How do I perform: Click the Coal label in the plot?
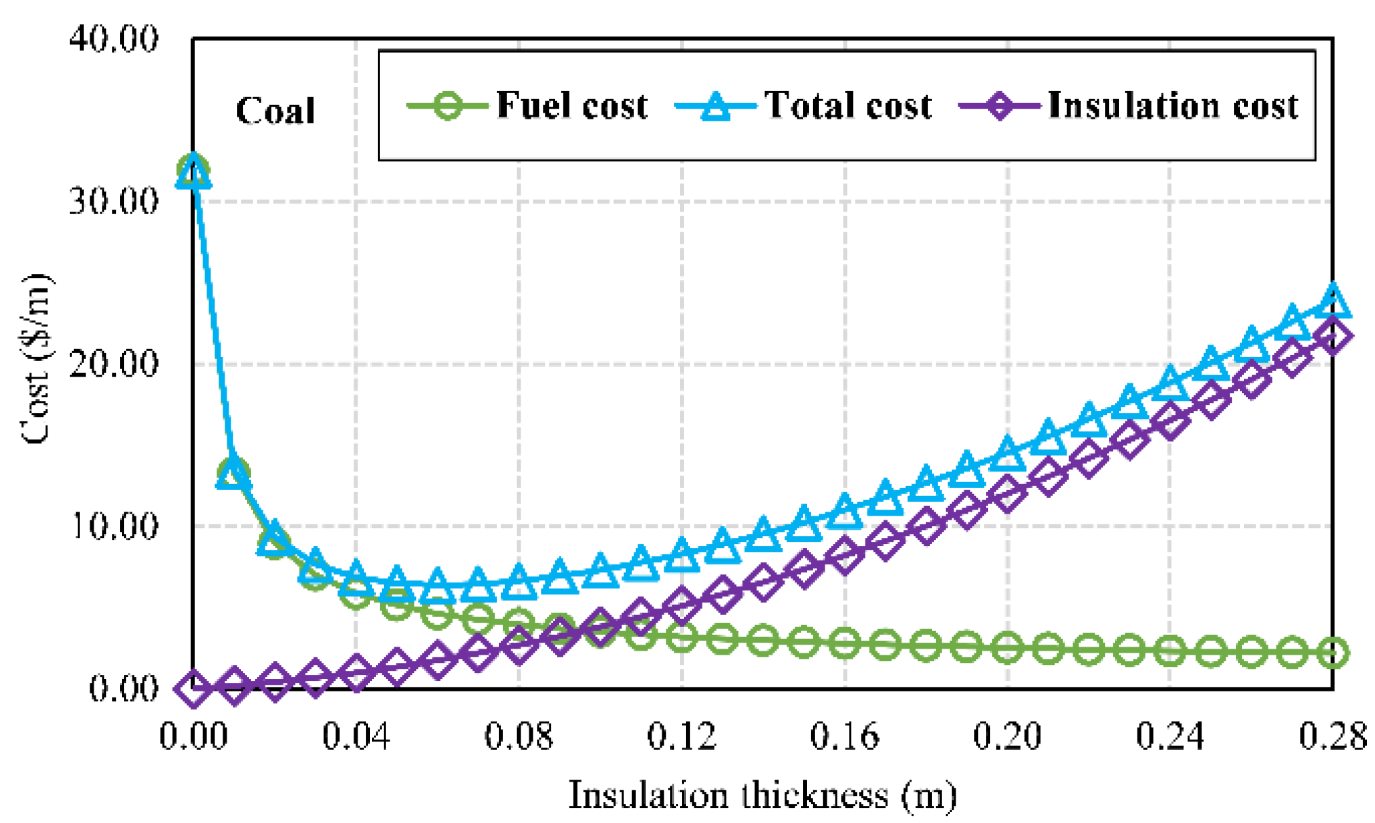pyautogui.click(x=275, y=111)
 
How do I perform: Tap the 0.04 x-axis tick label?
pyautogui.click(x=356, y=736)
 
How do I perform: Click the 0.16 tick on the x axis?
pyautogui.click(x=844, y=736)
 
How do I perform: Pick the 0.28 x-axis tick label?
pyautogui.click(x=1332, y=736)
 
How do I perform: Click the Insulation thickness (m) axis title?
pyautogui.click(x=762, y=796)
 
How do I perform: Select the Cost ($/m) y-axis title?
pyautogui.click(x=35, y=360)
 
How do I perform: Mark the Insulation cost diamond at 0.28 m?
pyautogui.click(x=1333, y=336)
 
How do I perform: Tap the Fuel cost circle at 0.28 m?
pyautogui.click(x=1333, y=652)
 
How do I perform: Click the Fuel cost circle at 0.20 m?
pyautogui.click(x=1007, y=647)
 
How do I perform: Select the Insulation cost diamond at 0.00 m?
pyautogui.click(x=193, y=688)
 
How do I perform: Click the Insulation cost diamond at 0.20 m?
pyautogui.click(x=1007, y=493)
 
